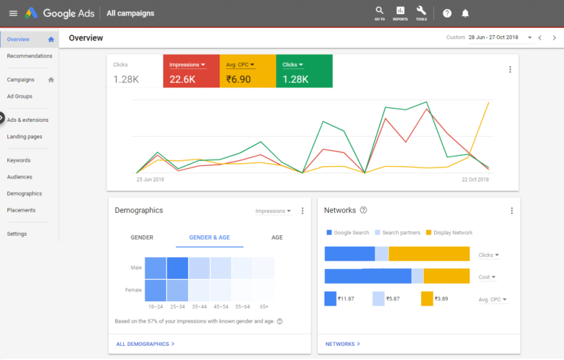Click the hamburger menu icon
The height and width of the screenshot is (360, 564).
coord(12,13)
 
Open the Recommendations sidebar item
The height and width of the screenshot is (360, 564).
coord(29,56)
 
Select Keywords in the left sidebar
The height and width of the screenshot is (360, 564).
coord(18,160)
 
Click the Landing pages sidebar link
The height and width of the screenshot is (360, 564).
coord(24,137)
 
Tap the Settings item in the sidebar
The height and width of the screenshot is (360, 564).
coord(17,234)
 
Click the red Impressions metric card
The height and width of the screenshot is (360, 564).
coord(191,71)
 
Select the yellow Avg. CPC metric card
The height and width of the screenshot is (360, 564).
coord(247,71)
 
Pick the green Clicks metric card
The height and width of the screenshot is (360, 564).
coord(304,71)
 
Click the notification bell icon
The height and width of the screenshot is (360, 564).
coord(465,13)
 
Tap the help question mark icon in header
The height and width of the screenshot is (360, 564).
coord(447,13)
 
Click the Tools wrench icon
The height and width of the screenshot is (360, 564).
coord(421,12)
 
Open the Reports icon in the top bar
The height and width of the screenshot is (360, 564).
coord(400,12)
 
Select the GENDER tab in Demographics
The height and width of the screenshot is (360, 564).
coord(142,237)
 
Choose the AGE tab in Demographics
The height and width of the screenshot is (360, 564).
coord(277,237)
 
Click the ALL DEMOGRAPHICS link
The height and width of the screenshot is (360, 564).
coord(145,344)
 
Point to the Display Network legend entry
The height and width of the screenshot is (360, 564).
coord(449,233)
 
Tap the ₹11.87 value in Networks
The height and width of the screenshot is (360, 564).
coord(346,299)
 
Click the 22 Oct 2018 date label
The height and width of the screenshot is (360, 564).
coord(474,179)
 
